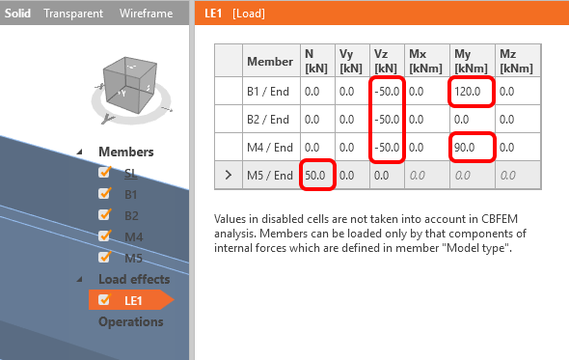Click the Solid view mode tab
coord(17,14)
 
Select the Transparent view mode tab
coord(73,14)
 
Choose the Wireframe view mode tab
coord(146,14)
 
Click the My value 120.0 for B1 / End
coord(468,91)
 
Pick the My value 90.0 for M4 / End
coord(465,147)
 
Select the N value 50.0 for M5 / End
coord(315,176)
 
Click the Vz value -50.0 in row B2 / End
coord(387,119)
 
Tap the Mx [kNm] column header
coord(425,61)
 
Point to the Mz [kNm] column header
coord(516,61)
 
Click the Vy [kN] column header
coord(351,61)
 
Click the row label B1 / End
coord(268,92)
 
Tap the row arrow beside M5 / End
coord(229,175)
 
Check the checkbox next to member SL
coord(104,172)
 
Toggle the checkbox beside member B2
coord(104,214)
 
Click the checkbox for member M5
coord(104,257)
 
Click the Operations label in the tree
coord(131,321)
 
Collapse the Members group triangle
coord(80,152)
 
